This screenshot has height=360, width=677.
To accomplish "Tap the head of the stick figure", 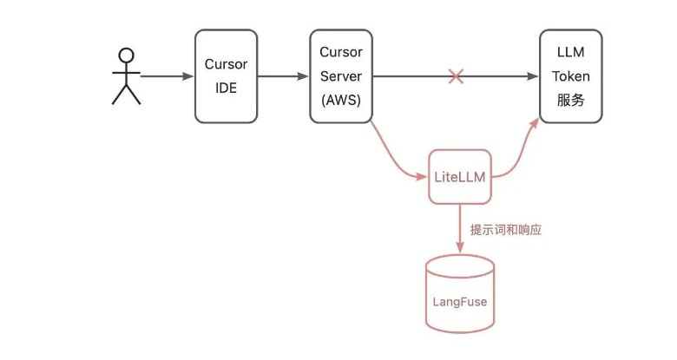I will pyautogui.click(x=127, y=56).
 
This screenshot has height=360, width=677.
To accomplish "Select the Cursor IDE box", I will pyautogui.click(x=226, y=76).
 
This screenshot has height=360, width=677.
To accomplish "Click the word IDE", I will pyautogui.click(x=226, y=88).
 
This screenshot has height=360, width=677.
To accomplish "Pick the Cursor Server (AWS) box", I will pyautogui.click(x=341, y=76).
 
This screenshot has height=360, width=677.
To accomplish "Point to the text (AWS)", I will pyautogui.click(x=341, y=100).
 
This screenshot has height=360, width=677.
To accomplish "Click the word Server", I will pyautogui.click(x=341, y=76).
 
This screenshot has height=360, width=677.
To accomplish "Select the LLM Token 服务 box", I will pyautogui.click(x=570, y=76).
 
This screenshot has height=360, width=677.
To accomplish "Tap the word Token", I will pyautogui.click(x=570, y=76).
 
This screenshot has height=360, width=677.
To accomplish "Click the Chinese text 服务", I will pyautogui.click(x=570, y=100).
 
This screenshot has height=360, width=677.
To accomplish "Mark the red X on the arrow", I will pyautogui.click(x=456, y=77).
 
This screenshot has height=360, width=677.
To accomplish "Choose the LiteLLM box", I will pyautogui.click(x=459, y=177).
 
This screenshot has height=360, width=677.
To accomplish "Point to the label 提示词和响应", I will pyautogui.click(x=506, y=231).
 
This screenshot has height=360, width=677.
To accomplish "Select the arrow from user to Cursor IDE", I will pyautogui.click(x=167, y=76).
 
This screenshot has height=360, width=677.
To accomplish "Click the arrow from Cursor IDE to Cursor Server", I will pyautogui.click(x=284, y=76).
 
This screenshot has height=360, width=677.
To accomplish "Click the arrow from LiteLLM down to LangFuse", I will pyautogui.click(x=459, y=230).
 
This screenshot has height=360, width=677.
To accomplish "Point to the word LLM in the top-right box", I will pyautogui.click(x=570, y=53).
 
